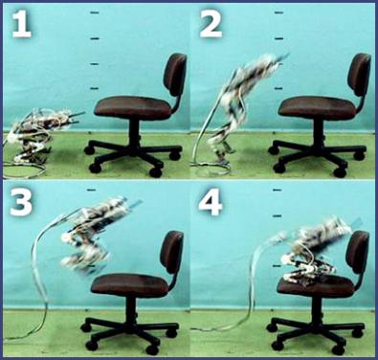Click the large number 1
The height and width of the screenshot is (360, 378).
22,25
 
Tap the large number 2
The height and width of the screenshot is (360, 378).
211,24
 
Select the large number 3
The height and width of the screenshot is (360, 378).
21,202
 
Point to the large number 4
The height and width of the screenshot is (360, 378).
211,202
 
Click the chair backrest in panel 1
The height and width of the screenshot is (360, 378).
175,75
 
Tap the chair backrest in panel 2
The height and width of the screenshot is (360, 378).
359,75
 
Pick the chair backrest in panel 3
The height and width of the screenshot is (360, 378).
171,252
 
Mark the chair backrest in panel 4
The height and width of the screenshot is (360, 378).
358,252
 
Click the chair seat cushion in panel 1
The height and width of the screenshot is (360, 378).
134,106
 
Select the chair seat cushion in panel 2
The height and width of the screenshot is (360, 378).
318,106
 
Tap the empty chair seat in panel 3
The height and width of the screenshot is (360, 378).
130,285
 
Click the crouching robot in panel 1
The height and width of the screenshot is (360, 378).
41,134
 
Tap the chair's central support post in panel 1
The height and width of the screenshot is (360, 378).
134,132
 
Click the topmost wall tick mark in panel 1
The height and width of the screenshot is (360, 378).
95,12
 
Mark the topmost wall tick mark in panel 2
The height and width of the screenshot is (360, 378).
279,12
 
